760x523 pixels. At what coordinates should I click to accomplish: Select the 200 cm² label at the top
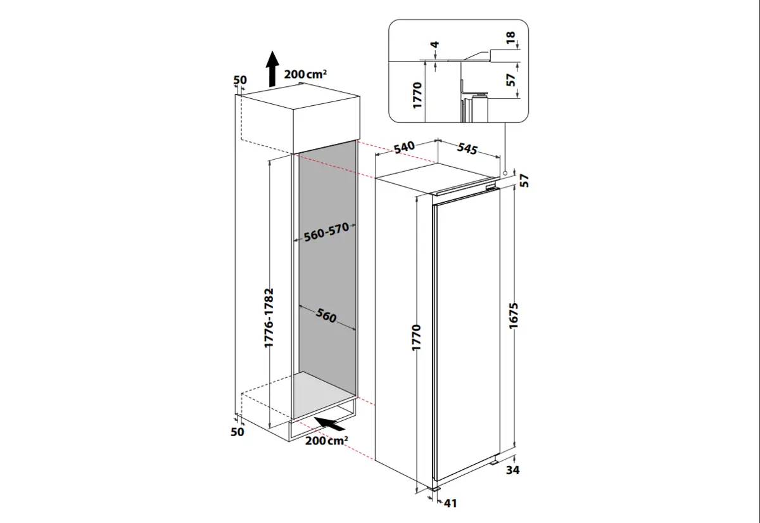click(x=305, y=74)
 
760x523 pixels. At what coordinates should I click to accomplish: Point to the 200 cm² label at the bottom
click(x=326, y=441)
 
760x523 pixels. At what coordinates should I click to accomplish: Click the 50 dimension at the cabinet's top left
click(x=240, y=80)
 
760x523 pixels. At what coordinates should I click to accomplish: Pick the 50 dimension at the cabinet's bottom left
click(x=237, y=432)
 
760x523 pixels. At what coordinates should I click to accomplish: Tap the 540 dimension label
click(x=404, y=147)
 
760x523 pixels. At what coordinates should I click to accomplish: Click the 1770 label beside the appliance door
click(x=416, y=340)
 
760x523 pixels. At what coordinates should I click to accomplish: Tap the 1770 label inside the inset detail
click(x=417, y=94)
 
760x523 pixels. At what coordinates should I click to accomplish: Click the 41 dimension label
click(x=450, y=503)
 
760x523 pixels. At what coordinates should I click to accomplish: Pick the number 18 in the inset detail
click(x=511, y=39)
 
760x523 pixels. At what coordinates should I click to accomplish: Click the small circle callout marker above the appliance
click(x=504, y=172)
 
